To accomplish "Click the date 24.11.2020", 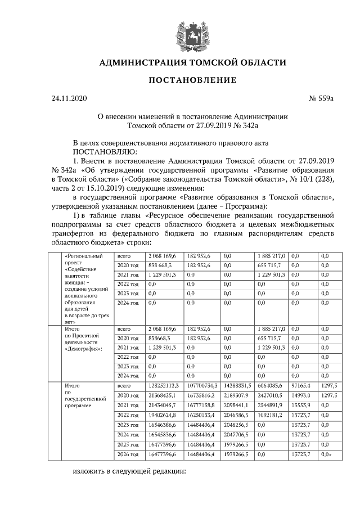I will tap(69, 99).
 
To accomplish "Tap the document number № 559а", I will tap(321, 99).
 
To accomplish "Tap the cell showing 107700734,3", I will tap(202, 386).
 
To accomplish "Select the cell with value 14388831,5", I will tap(238, 386).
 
